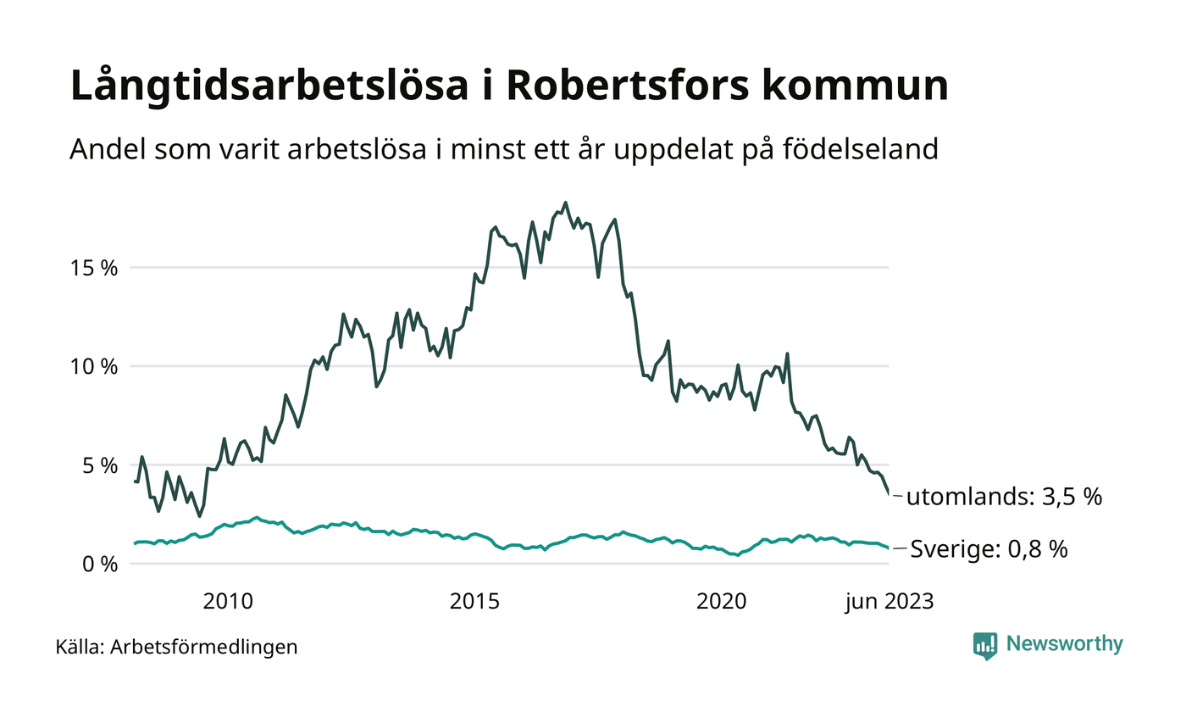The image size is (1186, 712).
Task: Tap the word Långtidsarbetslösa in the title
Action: click(271, 87)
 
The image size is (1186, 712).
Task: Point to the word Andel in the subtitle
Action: click(100, 149)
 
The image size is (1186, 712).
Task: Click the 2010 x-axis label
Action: click(228, 602)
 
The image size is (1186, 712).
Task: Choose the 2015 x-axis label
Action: click(474, 602)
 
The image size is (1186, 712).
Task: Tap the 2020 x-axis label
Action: click(721, 602)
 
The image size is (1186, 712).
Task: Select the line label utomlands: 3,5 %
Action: click(1004, 498)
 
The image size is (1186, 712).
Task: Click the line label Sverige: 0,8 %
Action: click(989, 549)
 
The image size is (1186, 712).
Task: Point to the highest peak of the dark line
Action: click(565, 203)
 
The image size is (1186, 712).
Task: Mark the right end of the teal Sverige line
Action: click(889, 548)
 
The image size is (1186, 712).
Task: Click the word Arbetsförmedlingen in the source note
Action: click(204, 648)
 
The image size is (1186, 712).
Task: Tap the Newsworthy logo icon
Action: click(985, 645)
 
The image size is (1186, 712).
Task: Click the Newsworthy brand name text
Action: click(1064, 644)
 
